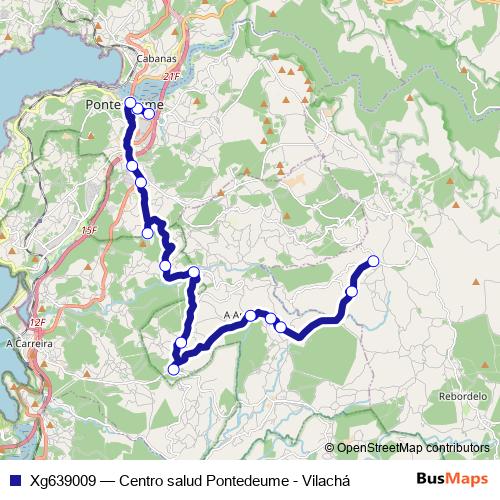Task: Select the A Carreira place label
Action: coord(28,343)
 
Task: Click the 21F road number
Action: coord(171,75)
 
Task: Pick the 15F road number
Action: coord(89,231)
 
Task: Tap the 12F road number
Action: coord(37,322)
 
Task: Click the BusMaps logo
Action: coord(452,479)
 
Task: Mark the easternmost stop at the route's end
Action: coord(374,261)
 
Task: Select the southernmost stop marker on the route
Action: coord(173,369)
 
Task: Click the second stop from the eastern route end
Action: coord(351,292)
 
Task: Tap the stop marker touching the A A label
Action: coord(251,315)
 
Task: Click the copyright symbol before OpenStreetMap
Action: coord(330,448)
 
